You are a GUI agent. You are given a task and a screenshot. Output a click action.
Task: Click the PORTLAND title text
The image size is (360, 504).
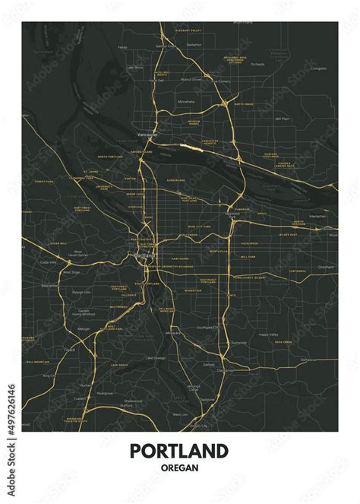click(179, 451)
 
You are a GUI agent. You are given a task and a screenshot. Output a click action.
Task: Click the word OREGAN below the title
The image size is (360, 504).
click(179, 468)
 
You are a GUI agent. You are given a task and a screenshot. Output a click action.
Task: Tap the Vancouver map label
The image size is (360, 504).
click(147, 135)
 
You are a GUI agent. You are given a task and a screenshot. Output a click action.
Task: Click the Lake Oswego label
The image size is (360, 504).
click(156, 357)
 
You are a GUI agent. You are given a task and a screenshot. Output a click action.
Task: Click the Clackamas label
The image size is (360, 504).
click(225, 371)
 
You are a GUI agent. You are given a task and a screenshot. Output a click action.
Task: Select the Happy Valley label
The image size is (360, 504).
click(269, 334)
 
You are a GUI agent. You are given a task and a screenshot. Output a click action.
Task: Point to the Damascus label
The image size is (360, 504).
click(329, 360)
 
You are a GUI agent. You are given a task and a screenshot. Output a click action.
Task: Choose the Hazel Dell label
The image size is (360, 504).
click(162, 74)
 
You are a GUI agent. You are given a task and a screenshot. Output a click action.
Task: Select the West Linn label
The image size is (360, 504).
click(180, 415)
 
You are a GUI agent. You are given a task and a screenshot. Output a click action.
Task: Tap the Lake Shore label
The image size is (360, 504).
click(134, 67)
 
